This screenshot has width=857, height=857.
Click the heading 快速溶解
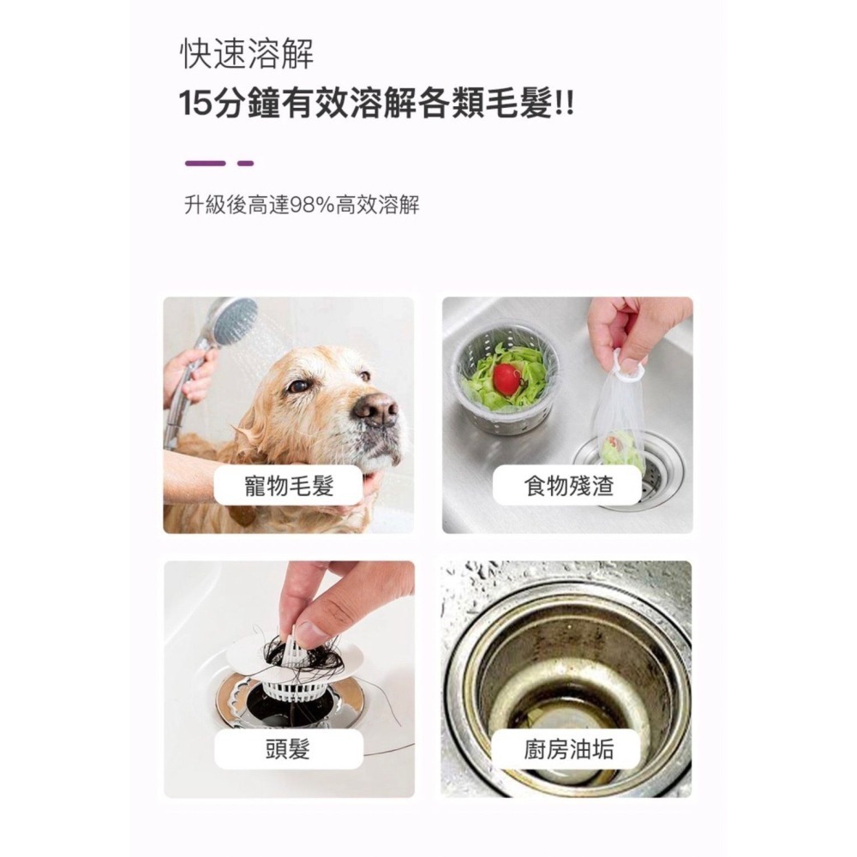247,54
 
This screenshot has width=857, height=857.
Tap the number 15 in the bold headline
195,105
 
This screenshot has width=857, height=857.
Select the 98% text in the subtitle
312,206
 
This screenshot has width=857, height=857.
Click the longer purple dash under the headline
205,163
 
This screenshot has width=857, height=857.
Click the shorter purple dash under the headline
246,163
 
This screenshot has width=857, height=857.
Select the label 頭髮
288,749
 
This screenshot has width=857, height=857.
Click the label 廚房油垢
568,749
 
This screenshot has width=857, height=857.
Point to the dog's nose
375,410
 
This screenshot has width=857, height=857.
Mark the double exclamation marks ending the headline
565,105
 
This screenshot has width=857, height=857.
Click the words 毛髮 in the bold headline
518,105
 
